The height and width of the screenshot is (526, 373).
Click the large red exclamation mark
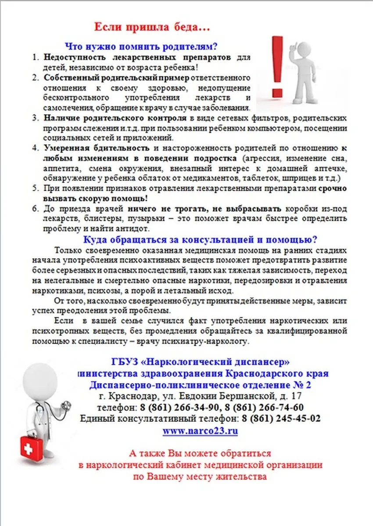(277, 66)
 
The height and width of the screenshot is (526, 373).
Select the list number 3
(35, 119)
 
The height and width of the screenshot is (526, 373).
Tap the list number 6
(35, 208)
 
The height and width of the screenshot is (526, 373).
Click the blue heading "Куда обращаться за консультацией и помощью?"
(201, 240)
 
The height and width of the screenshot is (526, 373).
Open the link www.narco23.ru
(200, 430)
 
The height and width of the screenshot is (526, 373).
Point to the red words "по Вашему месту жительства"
(200, 476)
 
